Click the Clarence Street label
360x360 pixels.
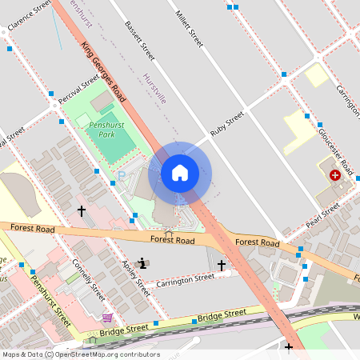29,17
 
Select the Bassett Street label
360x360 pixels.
139,40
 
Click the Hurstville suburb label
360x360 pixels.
154,89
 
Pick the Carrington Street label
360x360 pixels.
186,278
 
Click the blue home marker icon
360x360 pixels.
180,173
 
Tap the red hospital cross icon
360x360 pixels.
334,174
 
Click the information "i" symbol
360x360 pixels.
142,262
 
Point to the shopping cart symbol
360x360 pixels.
107,318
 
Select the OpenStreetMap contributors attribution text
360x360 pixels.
80,354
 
